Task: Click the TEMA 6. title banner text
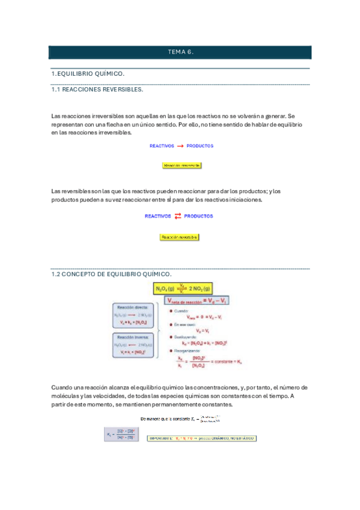[x=180, y=52]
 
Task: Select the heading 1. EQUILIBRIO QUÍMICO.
[x=88, y=73]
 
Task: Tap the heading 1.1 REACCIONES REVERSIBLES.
[x=97, y=89]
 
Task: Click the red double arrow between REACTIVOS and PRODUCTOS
[x=178, y=216]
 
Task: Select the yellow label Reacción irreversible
[x=181, y=165]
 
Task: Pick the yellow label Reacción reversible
[x=178, y=237]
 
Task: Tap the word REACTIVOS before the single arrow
[x=162, y=146]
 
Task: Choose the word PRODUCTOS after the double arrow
[x=198, y=216]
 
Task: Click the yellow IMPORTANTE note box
[x=201, y=438]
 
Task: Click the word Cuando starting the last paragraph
[x=61, y=387]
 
